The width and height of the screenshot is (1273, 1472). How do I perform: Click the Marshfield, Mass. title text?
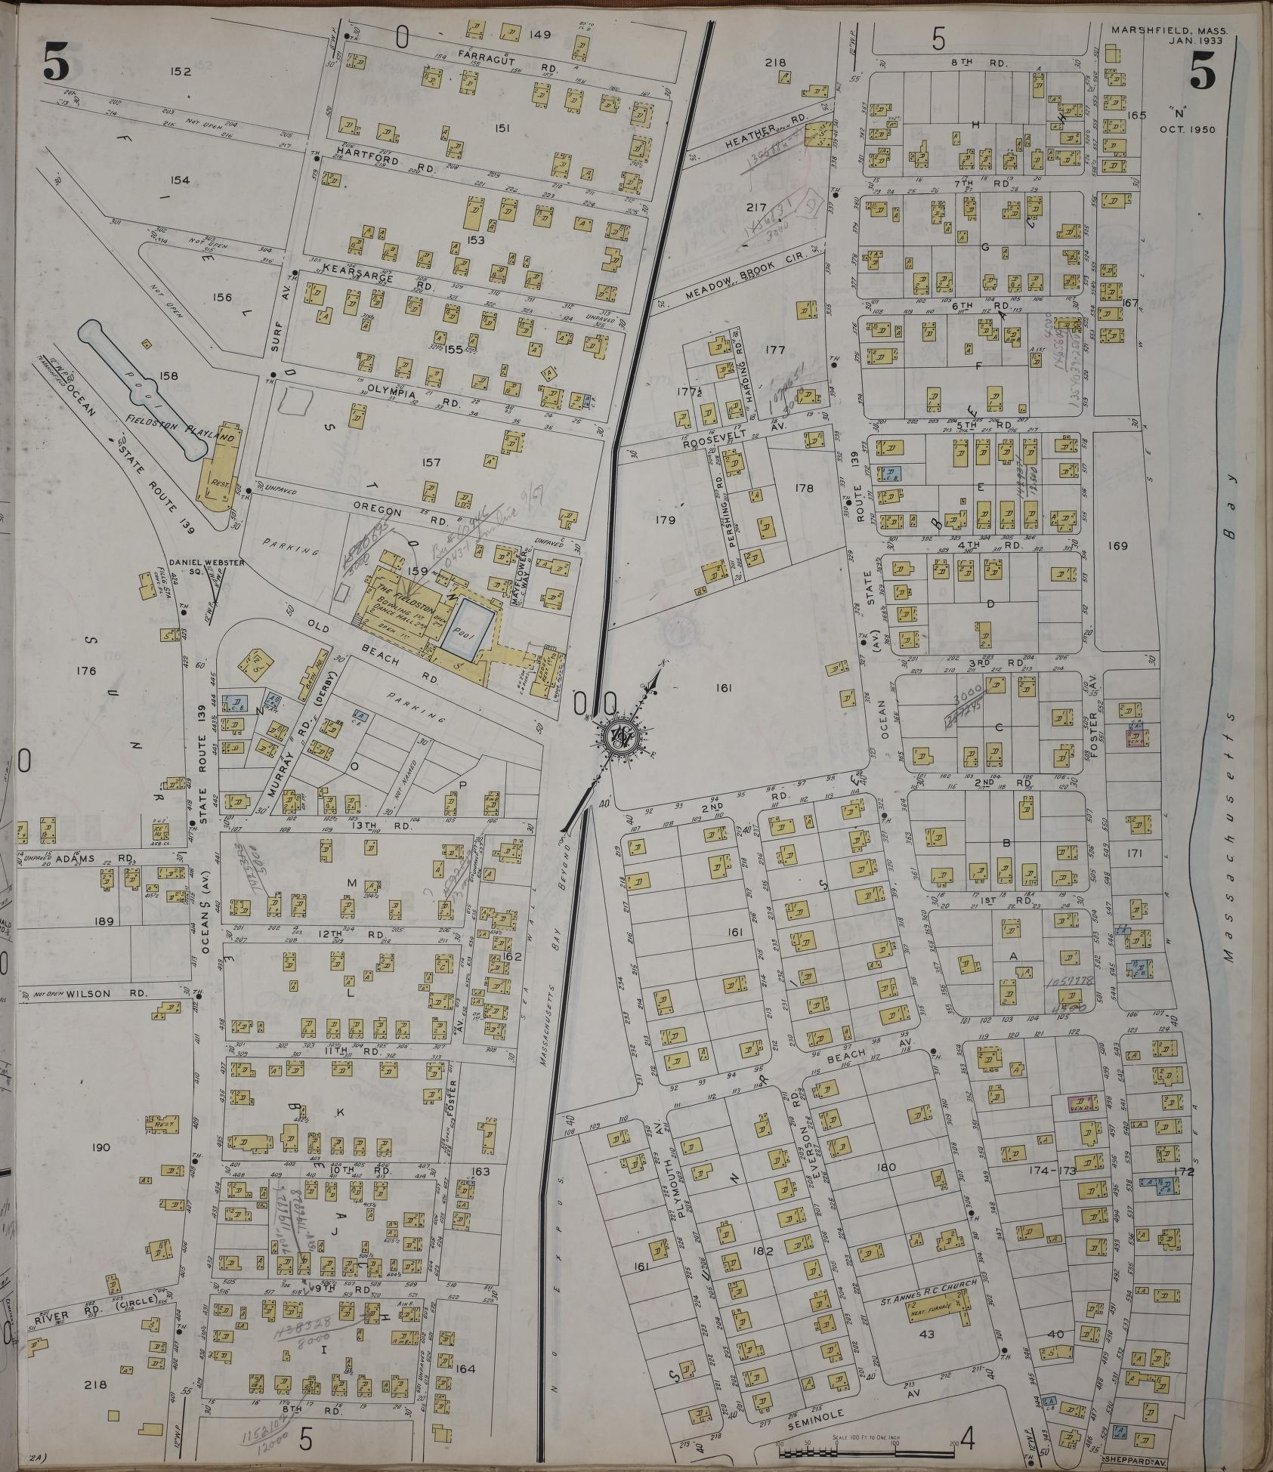[1169, 11]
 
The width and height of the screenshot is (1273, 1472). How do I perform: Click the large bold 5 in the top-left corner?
[57, 60]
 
